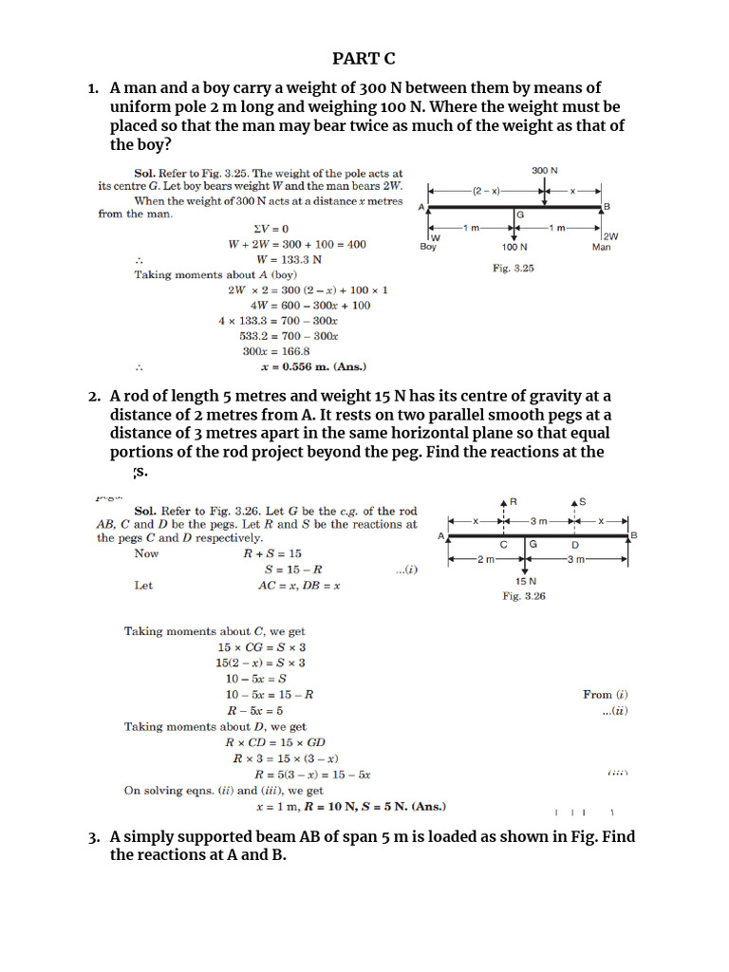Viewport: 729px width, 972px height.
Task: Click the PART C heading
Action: pyautogui.click(x=364, y=59)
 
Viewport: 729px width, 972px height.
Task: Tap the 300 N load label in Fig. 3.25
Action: pyautogui.click(x=544, y=170)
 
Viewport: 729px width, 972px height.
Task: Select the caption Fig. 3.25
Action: pyautogui.click(x=513, y=269)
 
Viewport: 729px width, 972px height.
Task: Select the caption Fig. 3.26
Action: pyautogui.click(x=524, y=596)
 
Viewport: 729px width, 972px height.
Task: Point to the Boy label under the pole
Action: pyautogui.click(x=429, y=247)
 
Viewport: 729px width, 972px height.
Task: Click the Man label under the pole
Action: pyautogui.click(x=602, y=247)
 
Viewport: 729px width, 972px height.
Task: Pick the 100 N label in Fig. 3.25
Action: pyautogui.click(x=514, y=247)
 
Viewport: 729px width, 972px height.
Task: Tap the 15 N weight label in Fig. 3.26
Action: pyautogui.click(x=525, y=581)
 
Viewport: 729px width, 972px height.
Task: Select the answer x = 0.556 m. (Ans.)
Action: pyautogui.click(x=313, y=366)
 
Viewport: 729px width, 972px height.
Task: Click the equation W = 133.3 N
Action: pyautogui.click(x=290, y=259)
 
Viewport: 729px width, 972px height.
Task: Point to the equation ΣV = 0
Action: pyautogui.click(x=271, y=229)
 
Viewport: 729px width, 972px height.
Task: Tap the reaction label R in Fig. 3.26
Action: pyautogui.click(x=513, y=500)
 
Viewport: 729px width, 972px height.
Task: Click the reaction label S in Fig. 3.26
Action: pyautogui.click(x=582, y=500)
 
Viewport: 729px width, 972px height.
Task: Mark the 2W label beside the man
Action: pyautogui.click(x=610, y=236)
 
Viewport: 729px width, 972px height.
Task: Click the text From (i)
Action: pyautogui.click(x=605, y=695)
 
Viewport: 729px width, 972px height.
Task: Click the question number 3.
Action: pyautogui.click(x=94, y=837)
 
